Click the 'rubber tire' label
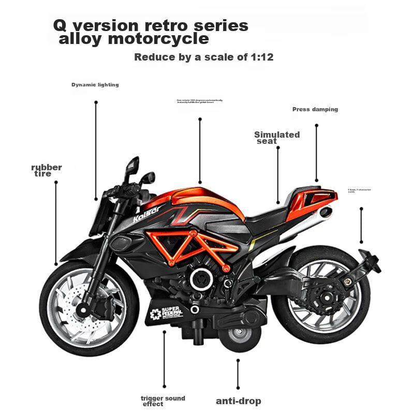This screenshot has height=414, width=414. coord(46,170)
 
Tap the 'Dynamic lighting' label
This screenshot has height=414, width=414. coord(95,85)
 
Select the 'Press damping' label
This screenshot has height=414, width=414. coord(315,109)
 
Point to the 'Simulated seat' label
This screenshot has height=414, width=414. coord(277,137)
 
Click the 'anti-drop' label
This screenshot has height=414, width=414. coord(238,401)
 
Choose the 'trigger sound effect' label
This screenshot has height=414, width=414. coord(162,401)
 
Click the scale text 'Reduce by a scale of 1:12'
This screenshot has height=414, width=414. coord(203,57)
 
